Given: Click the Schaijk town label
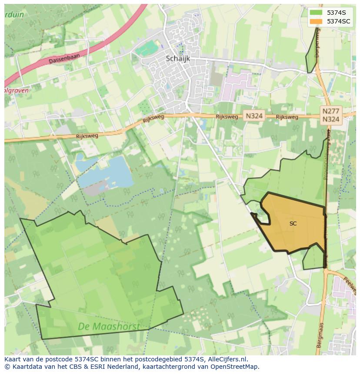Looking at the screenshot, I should (x=178, y=59).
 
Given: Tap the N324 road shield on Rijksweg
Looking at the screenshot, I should (x=253, y=116).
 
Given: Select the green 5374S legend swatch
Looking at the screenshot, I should (x=316, y=12).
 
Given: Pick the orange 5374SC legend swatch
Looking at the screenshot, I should (x=316, y=21).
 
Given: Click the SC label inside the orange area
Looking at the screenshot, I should (x=293, y=224).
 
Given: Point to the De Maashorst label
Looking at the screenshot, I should (x=109, y=326).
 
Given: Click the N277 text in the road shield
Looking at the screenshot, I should (x=331, y=111).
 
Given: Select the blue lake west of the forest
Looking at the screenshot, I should (x=109, y=172).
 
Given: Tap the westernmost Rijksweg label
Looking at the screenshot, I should (x=87, y=136).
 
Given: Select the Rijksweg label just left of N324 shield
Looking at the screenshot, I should (x=227, y=117).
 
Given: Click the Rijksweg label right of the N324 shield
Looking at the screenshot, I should (x=287, y=117).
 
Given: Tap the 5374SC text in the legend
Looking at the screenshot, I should (x=339, y=21).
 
